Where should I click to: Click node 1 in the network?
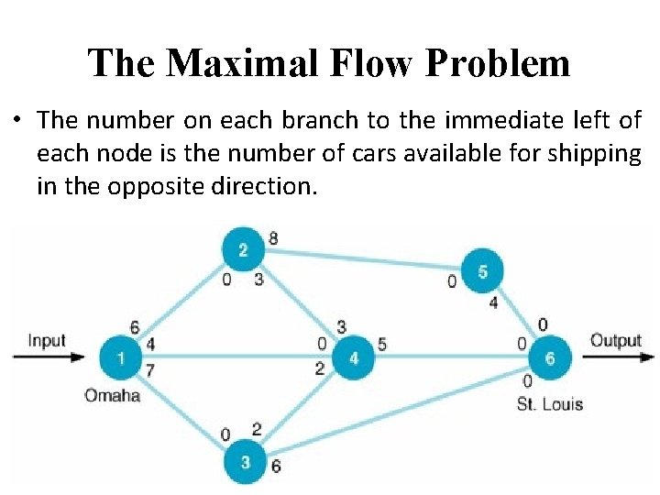click(x=121, y=357)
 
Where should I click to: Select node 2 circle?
click(x=243, y=250)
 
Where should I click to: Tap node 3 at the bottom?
click(x=245, y=462)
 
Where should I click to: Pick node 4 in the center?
click(x=354, y=357)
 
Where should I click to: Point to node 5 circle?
click(x=482, y=271)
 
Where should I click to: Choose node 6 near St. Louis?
click(x=550, y=357)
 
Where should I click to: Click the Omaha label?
click(x=112, y=396)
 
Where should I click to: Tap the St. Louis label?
click(x=550, y=404)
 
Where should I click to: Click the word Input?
click(x=47, y=341)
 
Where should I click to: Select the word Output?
click(x=616, y=341)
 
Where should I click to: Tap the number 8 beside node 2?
click(x=273, y=239)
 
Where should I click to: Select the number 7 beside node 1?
click(x=150, y=369)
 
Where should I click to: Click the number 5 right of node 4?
click(x=382, y=346)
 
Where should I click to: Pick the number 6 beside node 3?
click(x=276, y=466)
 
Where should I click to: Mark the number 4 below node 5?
click(x=493, y=302)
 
